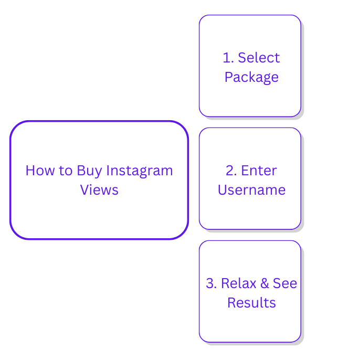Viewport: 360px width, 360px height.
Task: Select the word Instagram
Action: [x=140, y=171]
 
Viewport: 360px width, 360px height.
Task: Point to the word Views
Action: [x=99, y=189]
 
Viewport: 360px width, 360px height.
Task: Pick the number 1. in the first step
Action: [x=228, y=58]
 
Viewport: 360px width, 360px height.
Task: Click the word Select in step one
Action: [x=259, y=58]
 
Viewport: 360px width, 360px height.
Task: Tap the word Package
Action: [x=251, y=77]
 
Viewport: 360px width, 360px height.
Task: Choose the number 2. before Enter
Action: [x=231, y=171]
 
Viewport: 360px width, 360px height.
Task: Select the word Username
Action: [x=251, y=189]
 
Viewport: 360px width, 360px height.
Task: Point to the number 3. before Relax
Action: [x=211, y=283]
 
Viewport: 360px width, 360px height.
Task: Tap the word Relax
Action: [x=238, y=283]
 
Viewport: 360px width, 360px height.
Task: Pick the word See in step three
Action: [x=285, y=283]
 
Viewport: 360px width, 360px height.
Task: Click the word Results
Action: [x=251, y=303]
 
